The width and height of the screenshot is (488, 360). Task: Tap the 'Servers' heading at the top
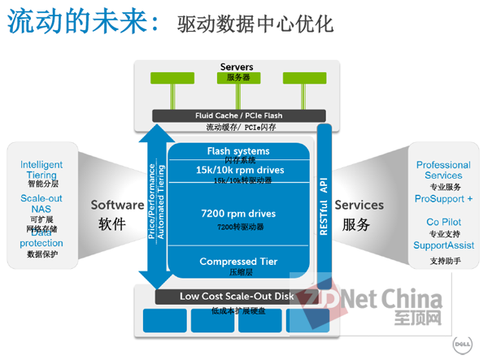[237, 67]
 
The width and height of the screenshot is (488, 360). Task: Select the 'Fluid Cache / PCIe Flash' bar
[238, 115]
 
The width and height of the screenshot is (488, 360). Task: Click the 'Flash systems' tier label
[238, 151]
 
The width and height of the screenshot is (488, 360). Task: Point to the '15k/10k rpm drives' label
[238, 170]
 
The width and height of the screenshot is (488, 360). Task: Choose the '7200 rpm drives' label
[238, 214]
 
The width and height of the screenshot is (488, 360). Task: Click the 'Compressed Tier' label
[238, 261]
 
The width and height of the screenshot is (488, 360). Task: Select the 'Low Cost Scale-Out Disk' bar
[237, 297]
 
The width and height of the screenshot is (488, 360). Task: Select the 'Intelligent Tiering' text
[41, 170]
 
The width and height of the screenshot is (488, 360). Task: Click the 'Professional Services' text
[443, 170]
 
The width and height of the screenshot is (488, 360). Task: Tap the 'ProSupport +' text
[443, 199]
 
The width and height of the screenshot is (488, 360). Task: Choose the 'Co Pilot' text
[443, 221]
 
